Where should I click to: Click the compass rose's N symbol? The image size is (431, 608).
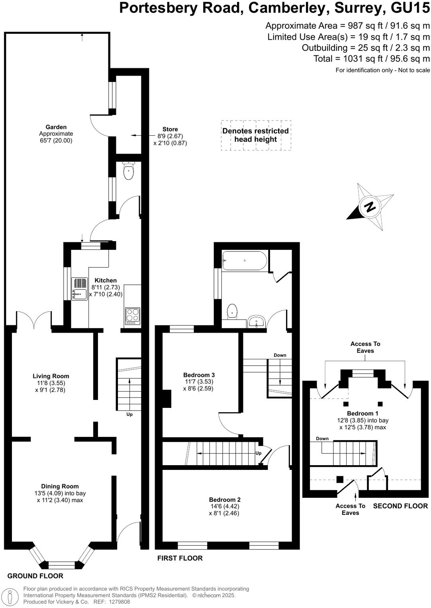pos(370,207)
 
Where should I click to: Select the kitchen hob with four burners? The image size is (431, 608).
pos(133,316)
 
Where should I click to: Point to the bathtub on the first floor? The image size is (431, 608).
pos(245,261)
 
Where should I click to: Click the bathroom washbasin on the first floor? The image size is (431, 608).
pos(256,322)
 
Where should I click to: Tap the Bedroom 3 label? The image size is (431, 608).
pos(199,375)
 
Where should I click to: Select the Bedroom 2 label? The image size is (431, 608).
pos(225,500)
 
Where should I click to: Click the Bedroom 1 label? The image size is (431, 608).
pos(362,413)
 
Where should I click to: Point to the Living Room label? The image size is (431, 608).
pos(51,376)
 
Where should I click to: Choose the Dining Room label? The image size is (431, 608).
pos(60,486)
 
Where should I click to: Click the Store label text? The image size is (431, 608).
pos(170,129)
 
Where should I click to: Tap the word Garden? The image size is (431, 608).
pos(56,127)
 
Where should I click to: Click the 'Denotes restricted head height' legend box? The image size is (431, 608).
pos(256,135)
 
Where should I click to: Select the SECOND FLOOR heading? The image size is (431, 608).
pos(400,506)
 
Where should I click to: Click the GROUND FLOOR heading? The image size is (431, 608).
pos(35,576)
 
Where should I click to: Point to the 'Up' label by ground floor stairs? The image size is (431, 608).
pos(129,414)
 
